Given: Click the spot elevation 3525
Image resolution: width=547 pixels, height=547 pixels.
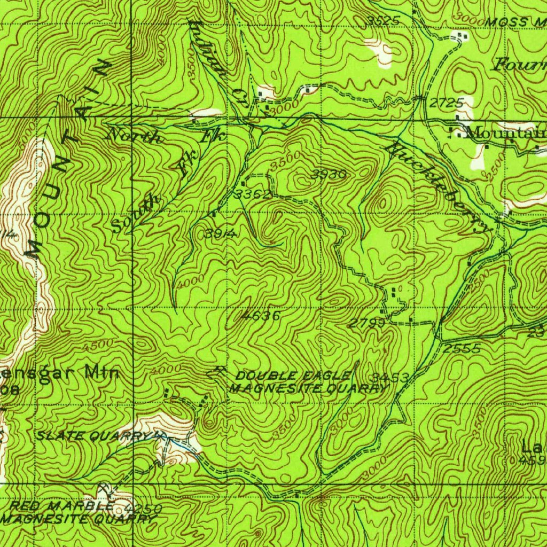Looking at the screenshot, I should pyautogui.click(x=384, y=20).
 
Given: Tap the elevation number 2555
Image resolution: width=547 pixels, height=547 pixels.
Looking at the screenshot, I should pyautogui.click(x=462, y=349).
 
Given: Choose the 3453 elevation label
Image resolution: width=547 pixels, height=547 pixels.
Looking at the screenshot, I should pyautogui.click(x=391, y=378).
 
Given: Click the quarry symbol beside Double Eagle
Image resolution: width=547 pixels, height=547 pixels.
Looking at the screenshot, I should pyautogui.click(x=218, y=370).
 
